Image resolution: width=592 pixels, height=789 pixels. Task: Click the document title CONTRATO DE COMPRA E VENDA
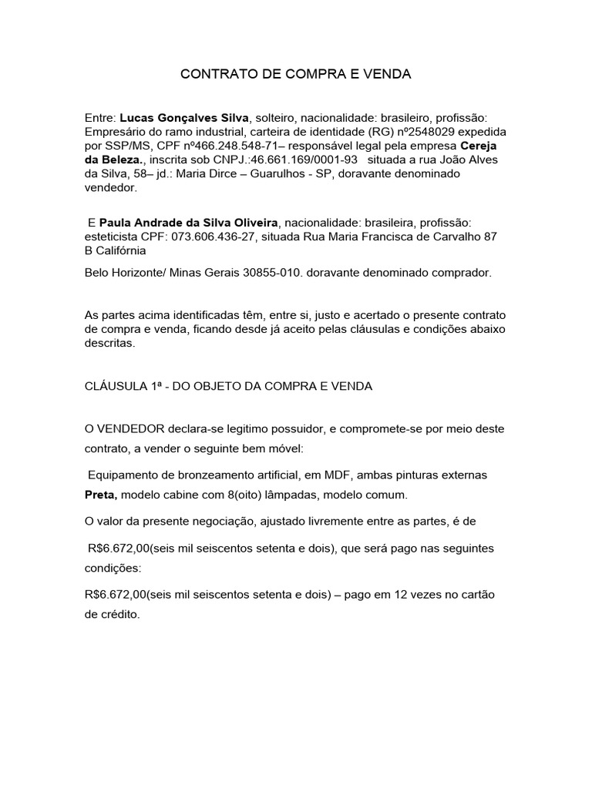[296, 75]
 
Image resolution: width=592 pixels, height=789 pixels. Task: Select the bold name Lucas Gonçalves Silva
[184, 118]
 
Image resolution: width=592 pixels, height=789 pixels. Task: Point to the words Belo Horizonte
[121, 273]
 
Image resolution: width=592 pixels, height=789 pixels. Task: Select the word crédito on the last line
[119, 617]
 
